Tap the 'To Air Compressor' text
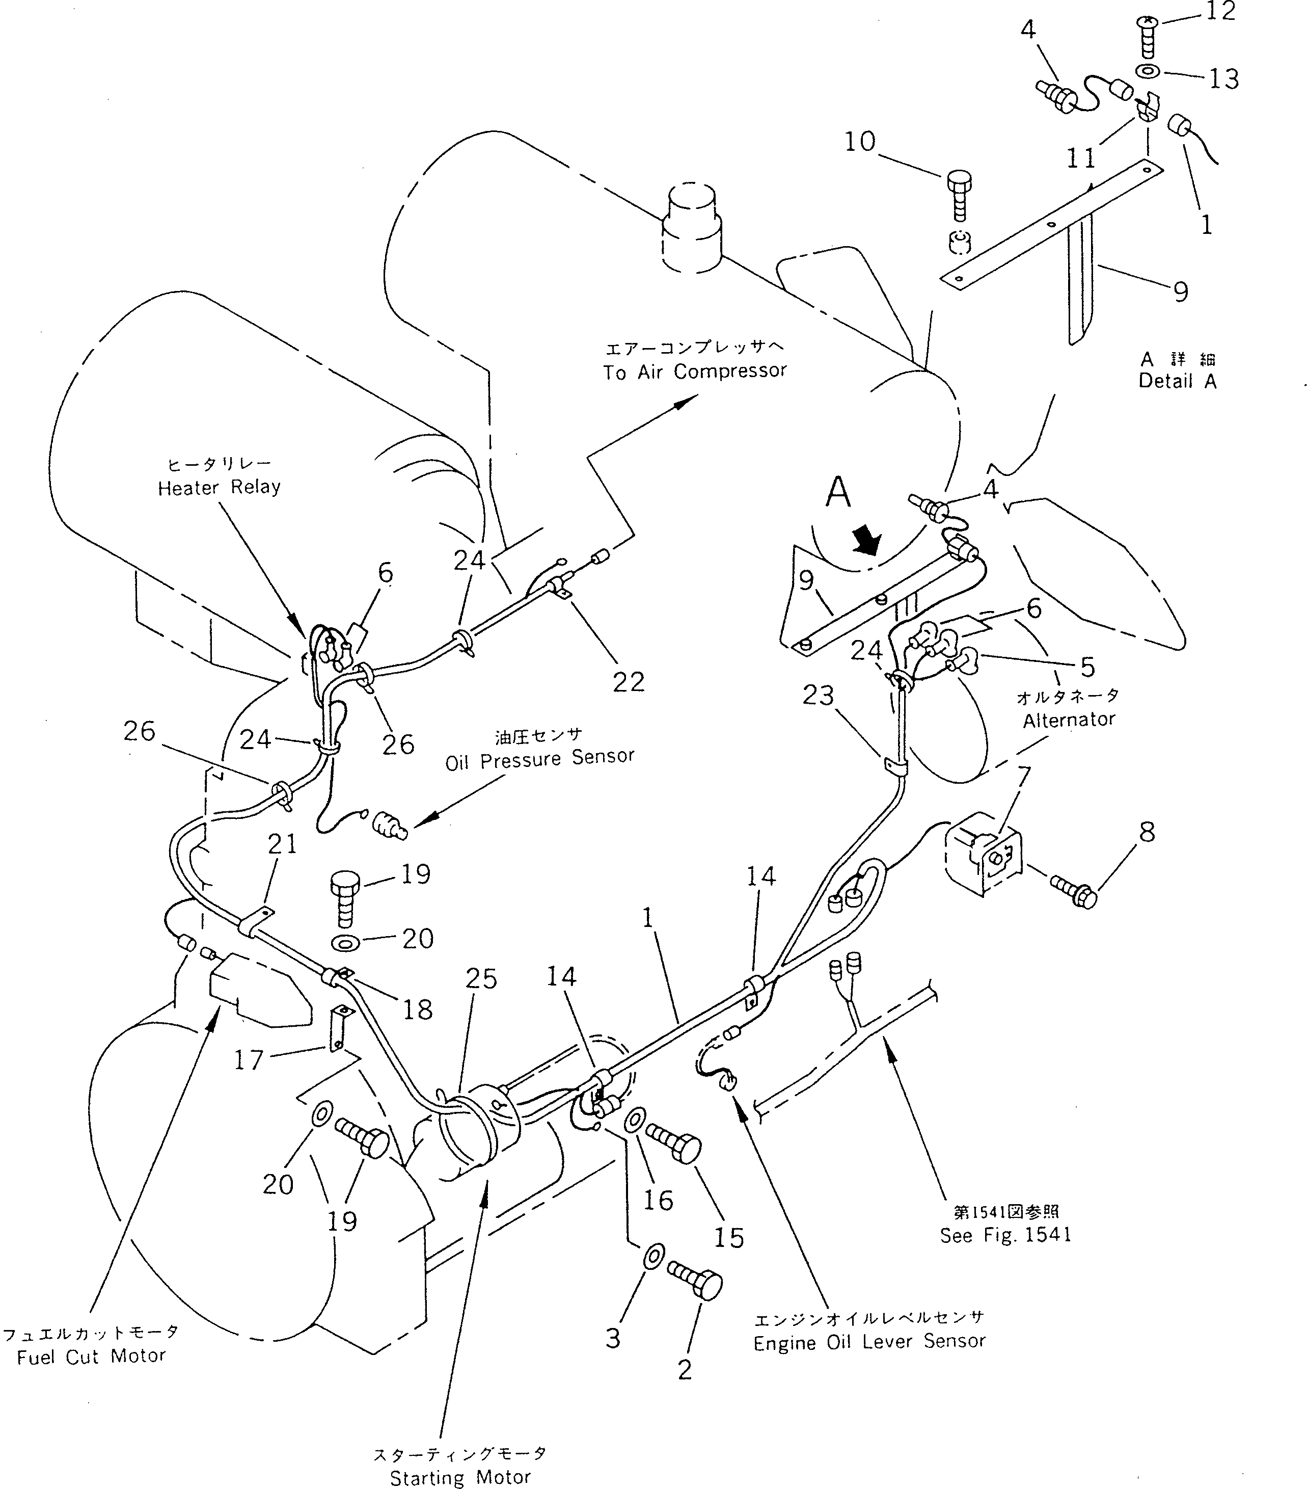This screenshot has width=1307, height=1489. pyautogui.click(x=695, y=371)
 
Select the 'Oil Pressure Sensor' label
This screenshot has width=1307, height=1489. pyautogui.click(x=539, y=760)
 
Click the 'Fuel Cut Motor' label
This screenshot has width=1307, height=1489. pyautogui.click(x=91, y=1357)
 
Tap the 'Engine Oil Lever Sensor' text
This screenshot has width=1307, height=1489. pyautogui.click(x=869, y=1342)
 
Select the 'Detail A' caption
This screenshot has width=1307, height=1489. pyautogui.click(x=1178, y=381)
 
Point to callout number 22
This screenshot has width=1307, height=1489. pyautogui.click(x=629, y=682)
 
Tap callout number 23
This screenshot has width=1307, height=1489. pyautogui.click(x=818, y=695)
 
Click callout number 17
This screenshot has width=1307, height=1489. pyautogui.click(x=248, y=1060)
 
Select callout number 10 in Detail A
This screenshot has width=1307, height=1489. pyautogui.click(x=859, y=141)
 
